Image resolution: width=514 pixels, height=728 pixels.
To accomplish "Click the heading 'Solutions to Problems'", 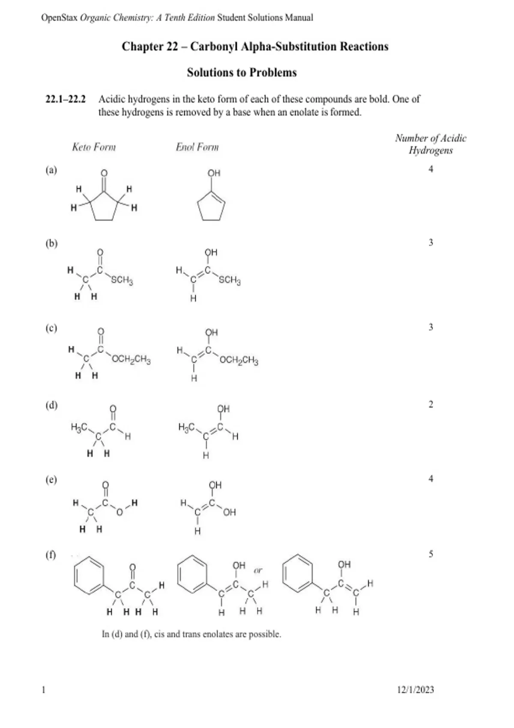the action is click(242, 72).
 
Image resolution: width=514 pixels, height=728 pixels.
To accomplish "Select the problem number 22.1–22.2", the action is click(66, 99).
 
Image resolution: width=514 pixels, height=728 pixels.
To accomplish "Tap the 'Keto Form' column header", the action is click(94, 147).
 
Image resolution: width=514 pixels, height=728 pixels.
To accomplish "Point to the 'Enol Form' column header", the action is click(197, 147).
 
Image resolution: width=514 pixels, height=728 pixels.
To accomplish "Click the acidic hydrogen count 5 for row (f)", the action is click(431, 554).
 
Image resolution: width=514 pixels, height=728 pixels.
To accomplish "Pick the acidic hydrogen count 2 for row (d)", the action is click(431, 404).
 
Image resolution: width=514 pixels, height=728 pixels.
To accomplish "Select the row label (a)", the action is click(51, 170).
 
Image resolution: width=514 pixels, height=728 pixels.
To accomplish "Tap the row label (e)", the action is click(51, 479).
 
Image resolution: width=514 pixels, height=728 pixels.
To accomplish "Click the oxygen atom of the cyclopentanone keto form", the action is click(104, 173).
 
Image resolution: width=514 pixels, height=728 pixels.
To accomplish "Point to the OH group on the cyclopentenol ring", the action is click(214, 173).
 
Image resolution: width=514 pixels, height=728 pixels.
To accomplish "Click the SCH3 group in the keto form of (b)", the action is click(122, 280).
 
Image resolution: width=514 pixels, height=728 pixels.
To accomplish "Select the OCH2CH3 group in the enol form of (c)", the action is click(239, 361).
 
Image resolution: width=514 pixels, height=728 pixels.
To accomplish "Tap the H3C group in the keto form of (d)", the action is click(79, 427).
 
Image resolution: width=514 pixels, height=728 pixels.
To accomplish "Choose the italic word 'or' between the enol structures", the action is click(258, 570).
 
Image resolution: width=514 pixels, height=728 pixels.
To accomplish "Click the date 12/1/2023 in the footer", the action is click(415, 689).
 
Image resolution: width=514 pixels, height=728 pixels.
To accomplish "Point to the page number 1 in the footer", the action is click(44, 689).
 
